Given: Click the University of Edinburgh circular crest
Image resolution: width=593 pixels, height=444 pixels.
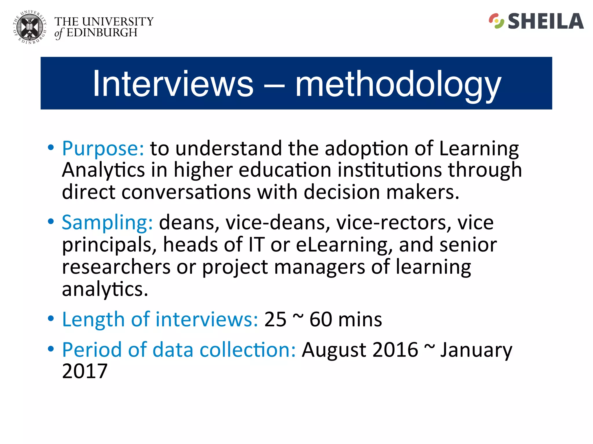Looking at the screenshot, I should (30, 27).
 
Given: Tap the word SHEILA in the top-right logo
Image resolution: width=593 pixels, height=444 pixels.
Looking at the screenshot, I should (546, 21).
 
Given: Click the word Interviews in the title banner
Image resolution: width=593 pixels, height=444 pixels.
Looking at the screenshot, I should (173, 84).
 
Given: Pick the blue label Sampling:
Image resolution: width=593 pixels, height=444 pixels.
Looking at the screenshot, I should (107, 223).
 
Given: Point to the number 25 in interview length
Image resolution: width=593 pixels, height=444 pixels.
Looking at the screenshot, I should (275, 320).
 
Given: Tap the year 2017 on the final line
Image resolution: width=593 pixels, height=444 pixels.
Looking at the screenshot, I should (85, 371).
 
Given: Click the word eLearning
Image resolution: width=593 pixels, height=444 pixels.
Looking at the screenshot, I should (343, 245).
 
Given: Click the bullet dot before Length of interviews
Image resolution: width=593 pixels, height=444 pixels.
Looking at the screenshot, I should (51, 319).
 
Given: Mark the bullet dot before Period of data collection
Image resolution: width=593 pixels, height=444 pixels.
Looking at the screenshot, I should (51, 349).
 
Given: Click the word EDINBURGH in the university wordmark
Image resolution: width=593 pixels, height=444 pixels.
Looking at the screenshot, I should (102, 33).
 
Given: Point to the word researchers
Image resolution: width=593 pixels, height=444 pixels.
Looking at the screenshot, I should (116, 267).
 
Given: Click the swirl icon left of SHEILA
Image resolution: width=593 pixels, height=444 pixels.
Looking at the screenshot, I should (496, 21).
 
